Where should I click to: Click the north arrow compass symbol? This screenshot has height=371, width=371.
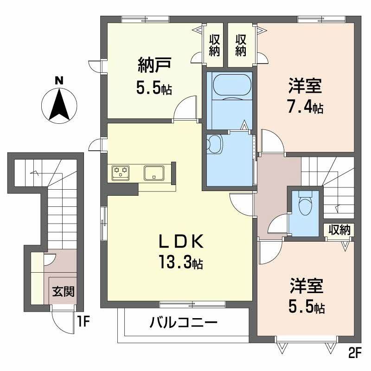click(x=59, y=106)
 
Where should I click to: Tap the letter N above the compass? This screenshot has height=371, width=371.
click(x=59, y=81)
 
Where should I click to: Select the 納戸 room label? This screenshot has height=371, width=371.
click(x=154, y=65)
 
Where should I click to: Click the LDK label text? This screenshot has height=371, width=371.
click(x=181, y=241)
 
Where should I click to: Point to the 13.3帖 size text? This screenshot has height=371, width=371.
click(x=181, y=262)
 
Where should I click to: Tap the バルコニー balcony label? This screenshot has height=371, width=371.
click(x=183, y=322)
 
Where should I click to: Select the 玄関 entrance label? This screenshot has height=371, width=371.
click(x=63, y=291)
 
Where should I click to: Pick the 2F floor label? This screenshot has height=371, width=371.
click(x=355, y=354)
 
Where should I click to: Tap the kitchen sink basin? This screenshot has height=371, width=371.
click(x=154, y=173)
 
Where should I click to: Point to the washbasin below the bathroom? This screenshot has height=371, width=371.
click(x=215, y=144)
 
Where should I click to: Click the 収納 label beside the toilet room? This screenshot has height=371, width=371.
click(x=339, y=229)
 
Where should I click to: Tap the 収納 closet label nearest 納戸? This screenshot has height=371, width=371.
click(x=214, y=45)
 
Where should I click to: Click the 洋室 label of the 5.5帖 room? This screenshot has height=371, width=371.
click(x=307, y=286)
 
